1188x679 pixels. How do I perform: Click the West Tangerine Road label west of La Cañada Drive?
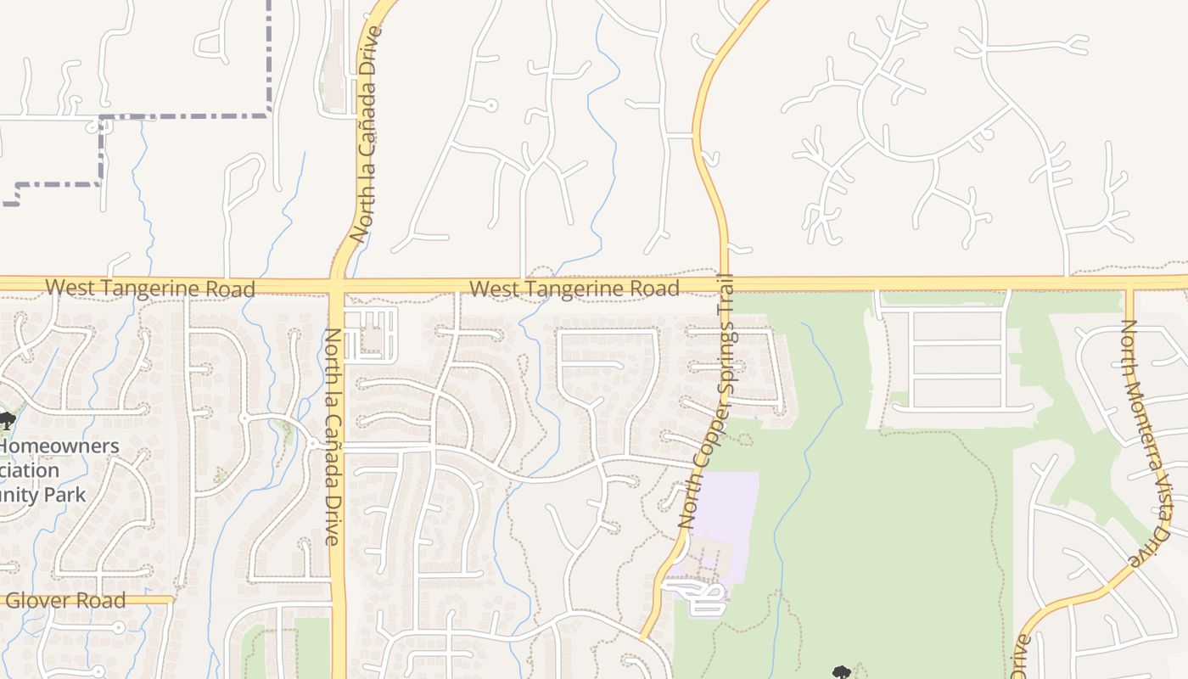coord(150,289)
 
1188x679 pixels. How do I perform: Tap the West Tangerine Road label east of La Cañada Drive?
coord(574,289)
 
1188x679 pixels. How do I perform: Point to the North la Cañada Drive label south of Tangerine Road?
coord(332,437)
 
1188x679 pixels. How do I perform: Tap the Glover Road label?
coord(66,601)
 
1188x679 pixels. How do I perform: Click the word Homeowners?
coord(59,446)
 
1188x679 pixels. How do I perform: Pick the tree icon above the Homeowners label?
coord(7,419)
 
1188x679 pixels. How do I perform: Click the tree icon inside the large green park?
coord(841,672)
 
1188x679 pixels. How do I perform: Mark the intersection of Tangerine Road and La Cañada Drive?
coord(337,283)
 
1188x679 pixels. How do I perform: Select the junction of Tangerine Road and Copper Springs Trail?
coord(725,283)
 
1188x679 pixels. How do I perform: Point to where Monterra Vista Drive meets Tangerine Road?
coord(1129,283)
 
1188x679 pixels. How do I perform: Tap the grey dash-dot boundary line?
coord(187,115)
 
